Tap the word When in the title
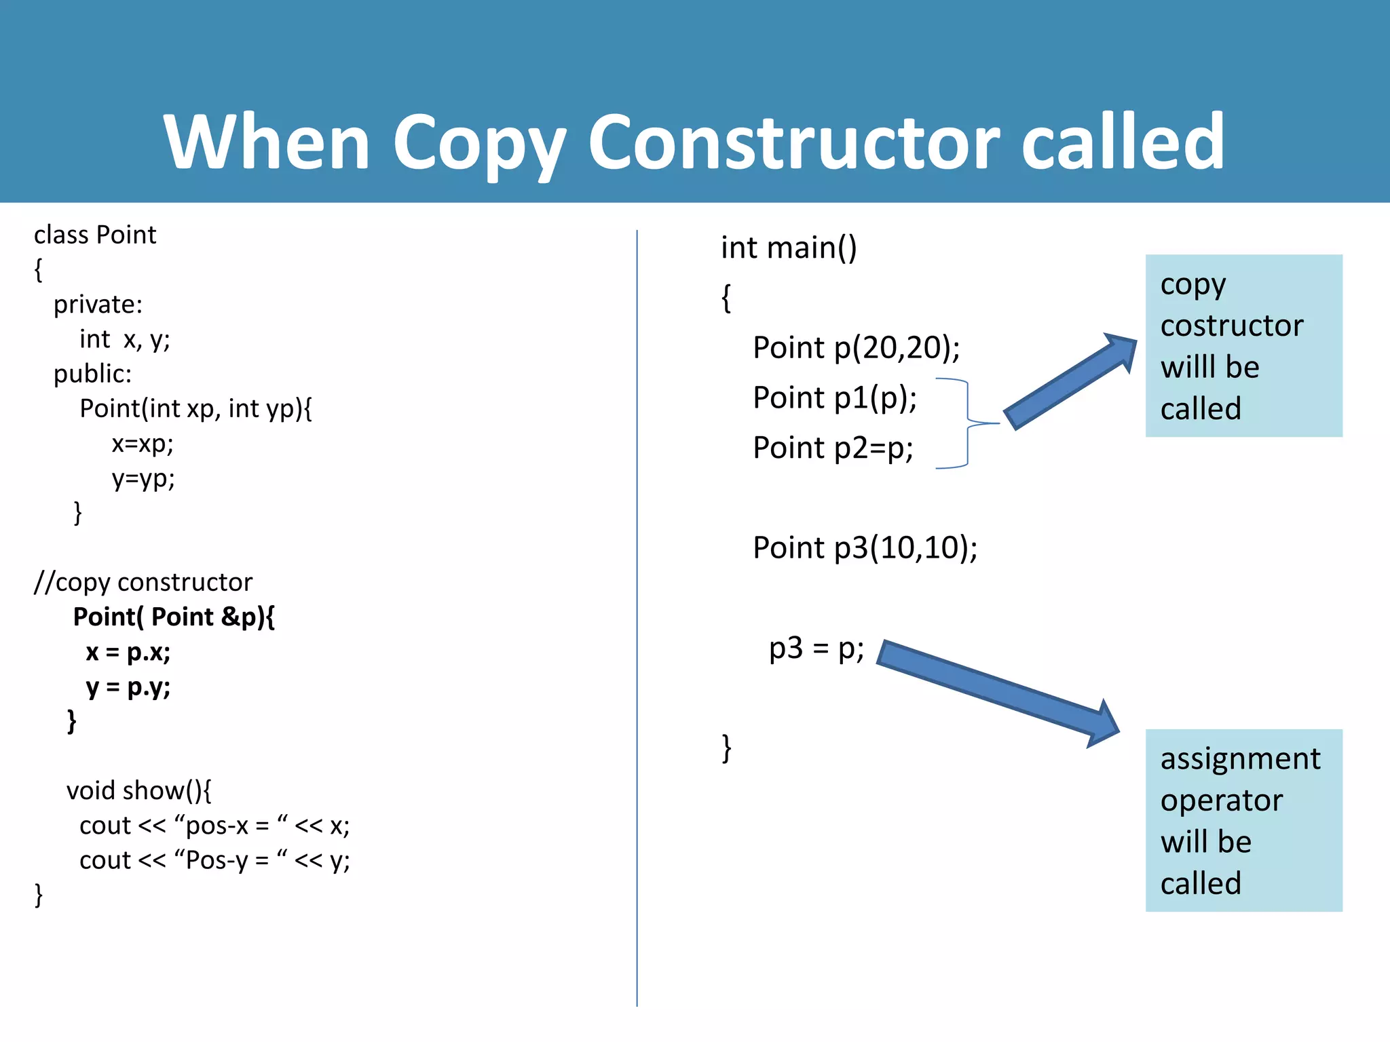coord(267,142)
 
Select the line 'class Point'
coord(95,235)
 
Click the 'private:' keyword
coord(98,305)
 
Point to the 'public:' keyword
coord(93,374)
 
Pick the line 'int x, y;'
coord(125,339)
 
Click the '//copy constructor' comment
coord(143,582)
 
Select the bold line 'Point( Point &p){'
coord(174,617)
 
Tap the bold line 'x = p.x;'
coord(128,652)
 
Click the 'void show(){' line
coord(139,790)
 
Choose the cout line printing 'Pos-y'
coord(214,860)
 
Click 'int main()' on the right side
coord(789,248)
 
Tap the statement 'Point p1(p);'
coord(835,398)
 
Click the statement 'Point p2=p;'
coord(833,448)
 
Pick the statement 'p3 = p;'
coord(816,649)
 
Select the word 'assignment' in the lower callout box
coord(1240,758)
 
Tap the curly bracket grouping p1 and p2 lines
coord(967,423)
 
